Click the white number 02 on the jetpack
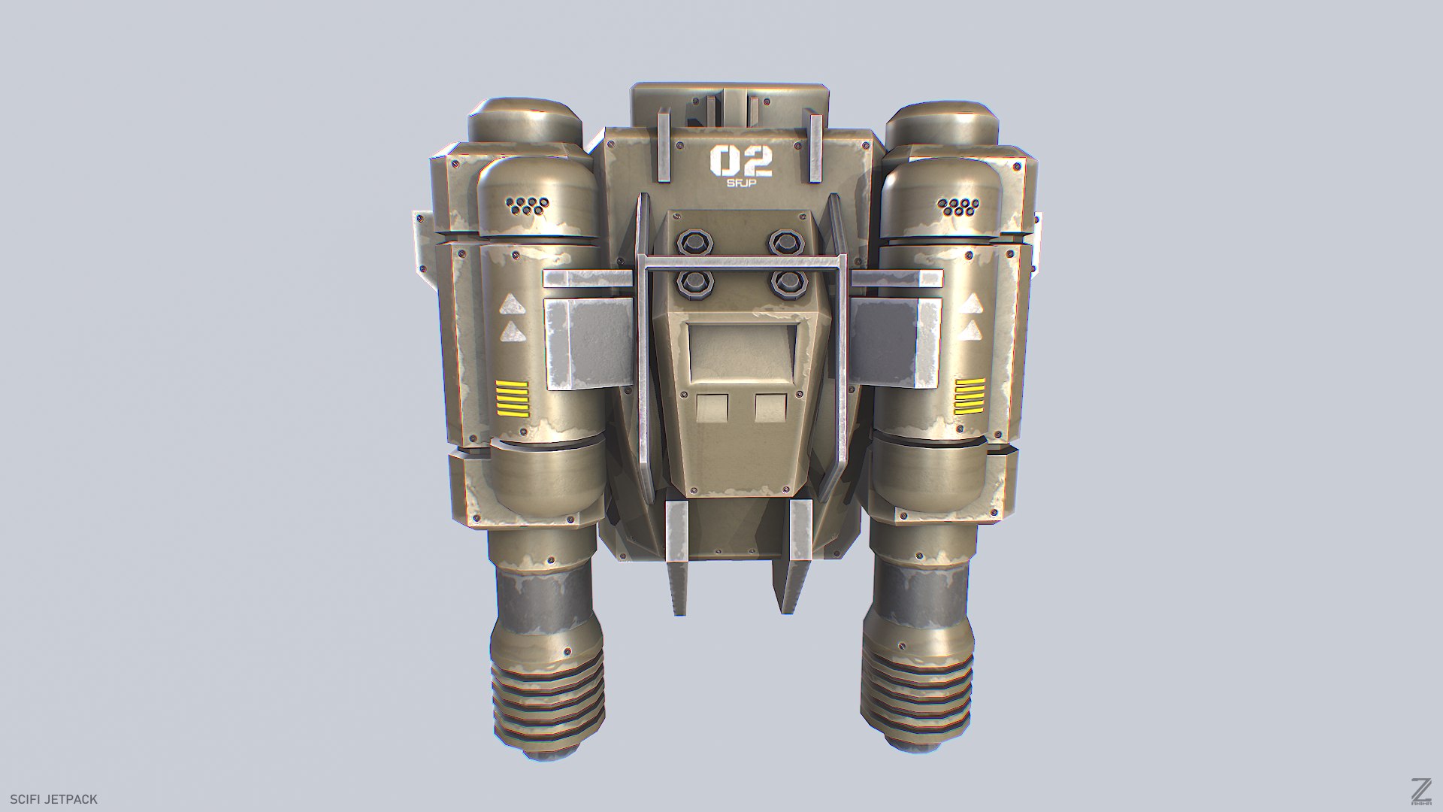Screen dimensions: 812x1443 [740, 161]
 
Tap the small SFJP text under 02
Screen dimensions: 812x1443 [740, 183]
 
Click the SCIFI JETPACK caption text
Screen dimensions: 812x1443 [54, 799]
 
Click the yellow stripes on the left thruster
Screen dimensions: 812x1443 [512, 399]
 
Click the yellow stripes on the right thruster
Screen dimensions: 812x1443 [969, 396]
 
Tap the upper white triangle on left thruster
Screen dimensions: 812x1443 [512, 304]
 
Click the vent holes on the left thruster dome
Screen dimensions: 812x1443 [528, 206]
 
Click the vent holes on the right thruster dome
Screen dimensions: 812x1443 [956, 206]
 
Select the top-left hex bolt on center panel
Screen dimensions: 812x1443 [692, 242]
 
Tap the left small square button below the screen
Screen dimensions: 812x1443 [712, 408]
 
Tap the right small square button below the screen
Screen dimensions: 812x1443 [770, 408]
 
